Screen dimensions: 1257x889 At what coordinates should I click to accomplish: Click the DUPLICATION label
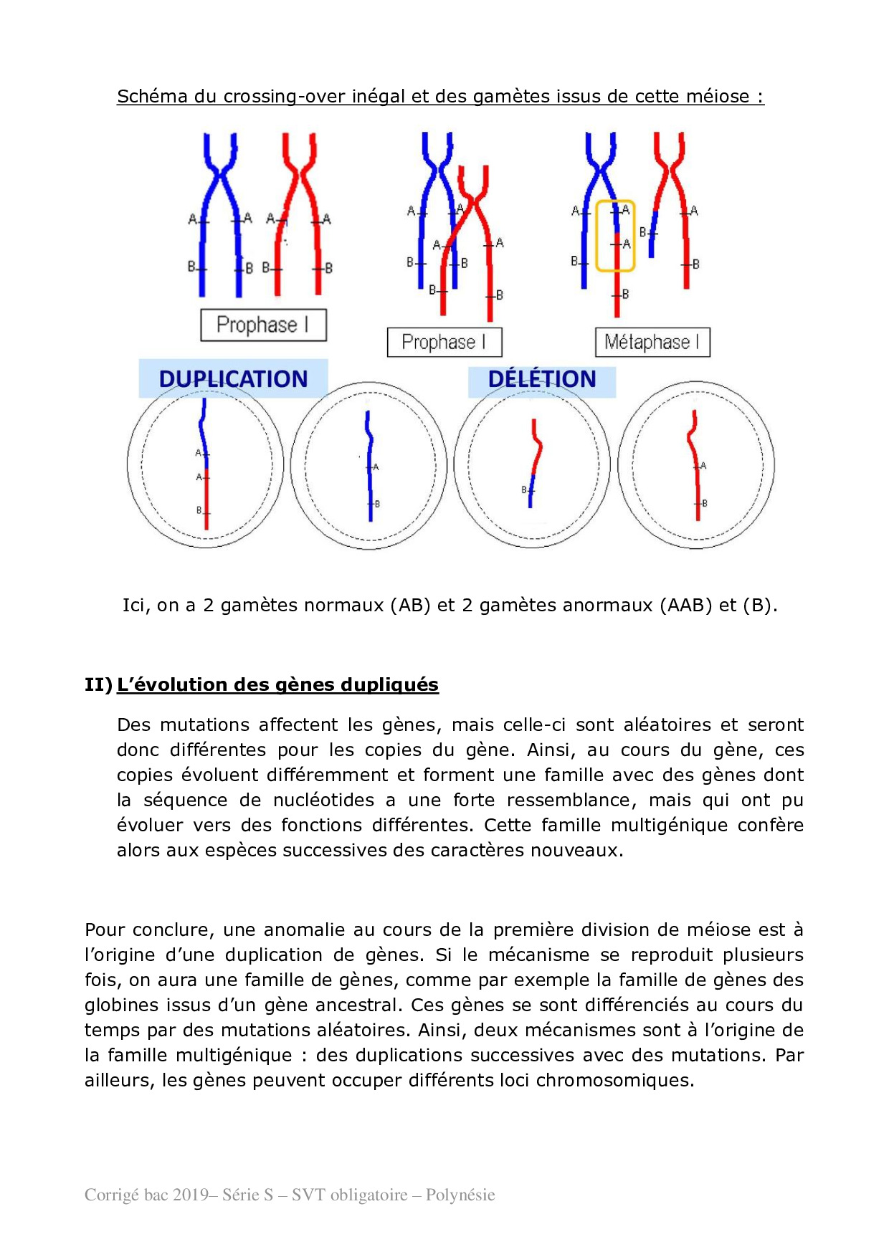233,378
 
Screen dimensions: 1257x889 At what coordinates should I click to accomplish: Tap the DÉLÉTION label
542,378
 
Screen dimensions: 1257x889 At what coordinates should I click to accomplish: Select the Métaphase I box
652,342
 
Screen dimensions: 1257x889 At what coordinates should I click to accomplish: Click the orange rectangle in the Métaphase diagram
615,236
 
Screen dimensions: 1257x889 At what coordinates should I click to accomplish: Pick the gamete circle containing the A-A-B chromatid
206,465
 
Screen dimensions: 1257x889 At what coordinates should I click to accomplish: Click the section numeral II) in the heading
98,684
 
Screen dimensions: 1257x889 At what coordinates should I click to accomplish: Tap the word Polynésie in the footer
460,1195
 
